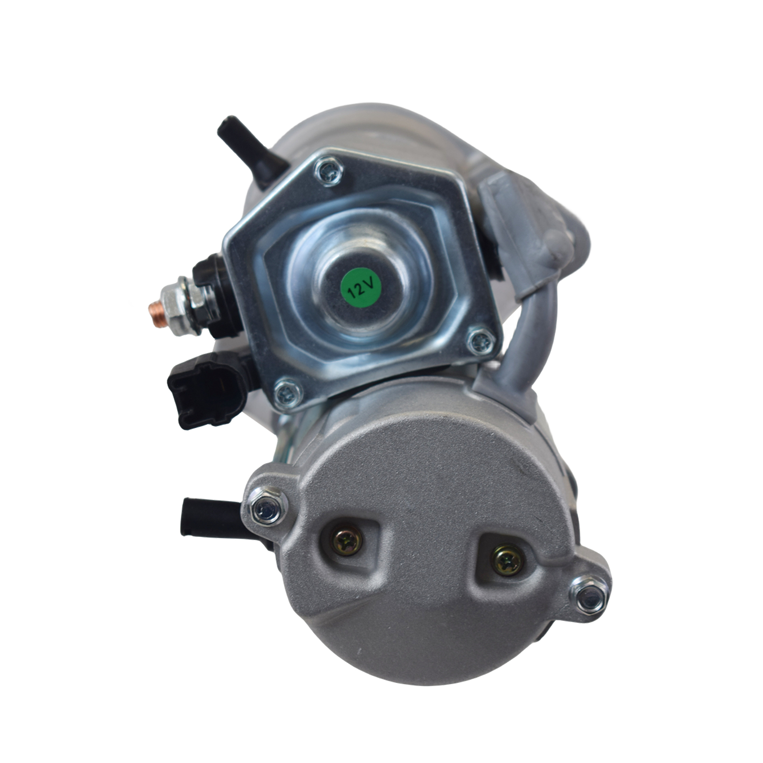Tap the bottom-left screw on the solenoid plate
coord(288,393)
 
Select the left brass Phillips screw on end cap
coord(348,541)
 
